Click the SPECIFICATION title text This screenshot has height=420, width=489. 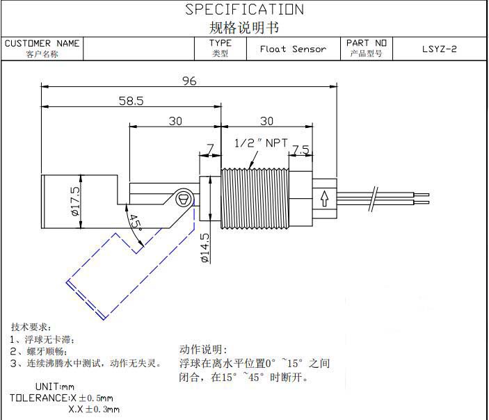click(x=244, y=10)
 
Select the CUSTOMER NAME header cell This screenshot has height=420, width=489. click(x=42, y=48)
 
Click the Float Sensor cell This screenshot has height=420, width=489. click(x=293, y=49)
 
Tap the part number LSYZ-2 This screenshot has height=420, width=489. click(x=440, y=49)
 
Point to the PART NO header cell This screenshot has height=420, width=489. click(x=366, y=48)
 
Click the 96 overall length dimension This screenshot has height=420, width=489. click(x=189, y=81)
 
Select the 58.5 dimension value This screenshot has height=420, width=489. click(x=131, y=101)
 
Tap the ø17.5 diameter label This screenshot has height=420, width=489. click(x=75, y=202)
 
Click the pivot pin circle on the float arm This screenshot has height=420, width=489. click(x=184, y=197)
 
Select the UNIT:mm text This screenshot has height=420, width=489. click(x=54, y=387)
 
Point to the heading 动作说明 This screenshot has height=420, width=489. click(x=203, y=350)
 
